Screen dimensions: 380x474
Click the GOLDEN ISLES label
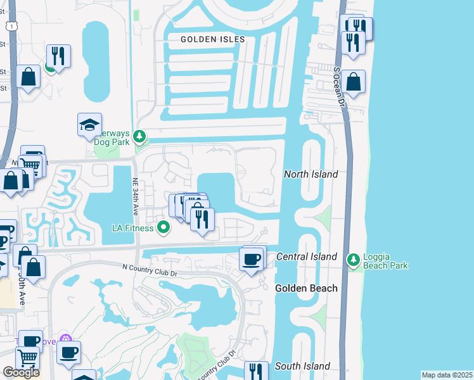212,39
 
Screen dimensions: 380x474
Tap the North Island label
311,174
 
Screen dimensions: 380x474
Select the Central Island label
307,256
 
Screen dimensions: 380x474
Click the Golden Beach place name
306,288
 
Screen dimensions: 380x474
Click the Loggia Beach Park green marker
353,260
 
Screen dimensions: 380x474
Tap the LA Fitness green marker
164,226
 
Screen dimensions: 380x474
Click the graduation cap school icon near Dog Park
89,125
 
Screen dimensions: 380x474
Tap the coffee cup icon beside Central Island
252,259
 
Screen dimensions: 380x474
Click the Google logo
21,372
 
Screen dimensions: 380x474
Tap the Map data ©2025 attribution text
447,375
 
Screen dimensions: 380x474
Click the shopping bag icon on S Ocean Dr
354,82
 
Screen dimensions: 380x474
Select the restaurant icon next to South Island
255,372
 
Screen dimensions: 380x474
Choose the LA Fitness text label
134,227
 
